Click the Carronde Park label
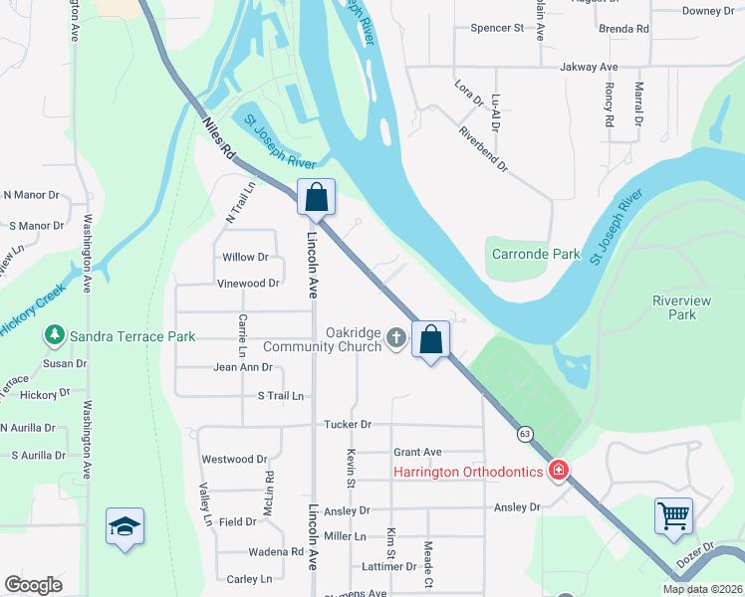[x=536, y=254]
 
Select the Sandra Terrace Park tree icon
[x=54, y=336]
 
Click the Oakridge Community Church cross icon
[x=396, y=338]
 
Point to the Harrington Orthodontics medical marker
[x=560, y=471]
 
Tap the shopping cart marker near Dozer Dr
[x=674, y=517]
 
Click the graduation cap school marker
[x=125, y=526]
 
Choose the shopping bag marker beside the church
[x=431, y=340]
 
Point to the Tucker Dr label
[x=348, y=424]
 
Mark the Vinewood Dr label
[x=248, y=284]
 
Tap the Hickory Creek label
[x=30, y=309]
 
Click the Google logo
[x=33, y=584]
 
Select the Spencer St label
[x=497, y=28]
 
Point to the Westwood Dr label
[x=235, y=460]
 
